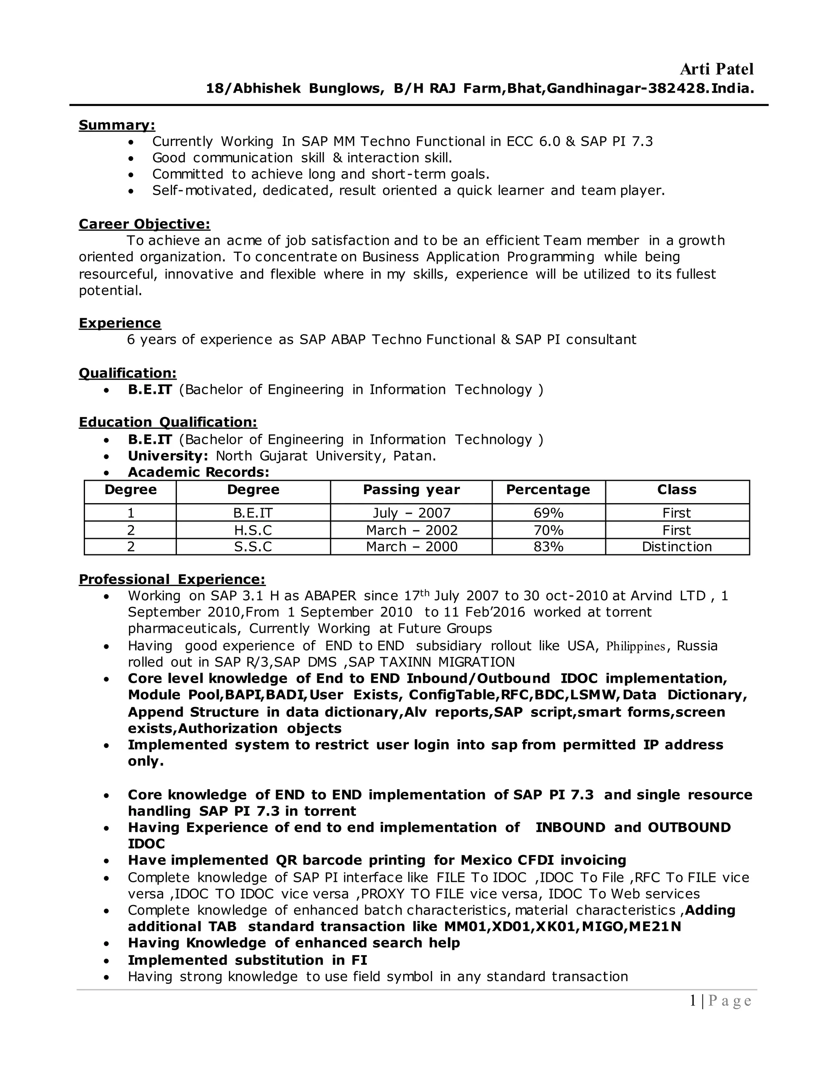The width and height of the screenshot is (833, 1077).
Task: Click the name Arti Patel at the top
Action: tap(717, 69)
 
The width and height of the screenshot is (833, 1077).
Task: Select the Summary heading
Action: tap(117, 125)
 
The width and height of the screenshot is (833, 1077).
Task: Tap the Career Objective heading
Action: tap(144, 224)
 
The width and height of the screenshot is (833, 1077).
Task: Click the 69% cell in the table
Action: tap(548, 513)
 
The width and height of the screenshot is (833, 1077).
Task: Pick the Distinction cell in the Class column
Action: tap(676, 546)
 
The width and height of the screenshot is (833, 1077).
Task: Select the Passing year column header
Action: tap(411, 490)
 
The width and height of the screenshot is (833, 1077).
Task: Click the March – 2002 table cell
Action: tap(412, 530)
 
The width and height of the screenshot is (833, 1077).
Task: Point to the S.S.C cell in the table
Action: tap(253, 546)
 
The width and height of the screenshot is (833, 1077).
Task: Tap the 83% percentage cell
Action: tap(548, 546)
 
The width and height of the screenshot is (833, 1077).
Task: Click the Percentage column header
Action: tap(548, 490)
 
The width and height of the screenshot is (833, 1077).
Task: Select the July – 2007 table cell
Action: tap(412, 513)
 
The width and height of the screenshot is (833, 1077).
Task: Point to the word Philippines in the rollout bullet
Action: tap(636, 646)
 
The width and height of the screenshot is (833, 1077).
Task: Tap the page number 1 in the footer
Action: tap(693, 1001)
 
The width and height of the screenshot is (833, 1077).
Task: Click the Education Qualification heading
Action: tap(168, 422)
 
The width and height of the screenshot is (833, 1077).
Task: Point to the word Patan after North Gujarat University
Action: tap(414, 456)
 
